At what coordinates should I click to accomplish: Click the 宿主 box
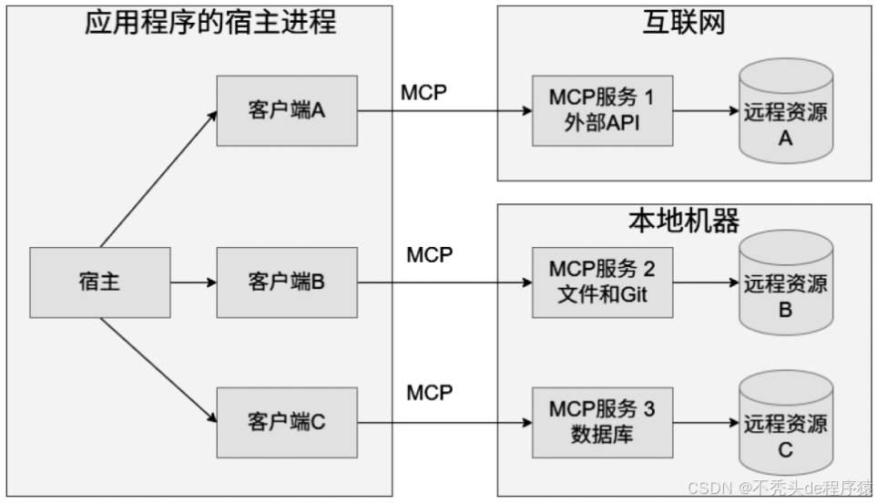coord(99,283)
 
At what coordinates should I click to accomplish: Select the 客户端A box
coord(287,111)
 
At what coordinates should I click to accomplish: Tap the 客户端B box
coord(287,283)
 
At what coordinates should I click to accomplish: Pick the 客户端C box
coord(287,422)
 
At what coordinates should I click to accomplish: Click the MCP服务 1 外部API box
coord(602,110)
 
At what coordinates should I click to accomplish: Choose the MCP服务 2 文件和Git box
coord(602,283)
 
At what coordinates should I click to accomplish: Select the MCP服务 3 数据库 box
coord(602,422)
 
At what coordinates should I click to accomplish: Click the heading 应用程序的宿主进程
coord(210,21)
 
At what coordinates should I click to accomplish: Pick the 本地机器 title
coord(684,221)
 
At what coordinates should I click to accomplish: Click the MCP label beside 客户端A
coord(424,92)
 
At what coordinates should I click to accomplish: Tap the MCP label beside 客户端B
coord(430,255)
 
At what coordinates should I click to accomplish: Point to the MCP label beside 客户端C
coord(430,393)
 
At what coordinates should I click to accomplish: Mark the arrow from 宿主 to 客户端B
coord(193,283)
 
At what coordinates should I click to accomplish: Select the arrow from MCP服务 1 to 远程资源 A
coord(706,111)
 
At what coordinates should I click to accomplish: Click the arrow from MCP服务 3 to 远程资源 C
coord(706,423)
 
